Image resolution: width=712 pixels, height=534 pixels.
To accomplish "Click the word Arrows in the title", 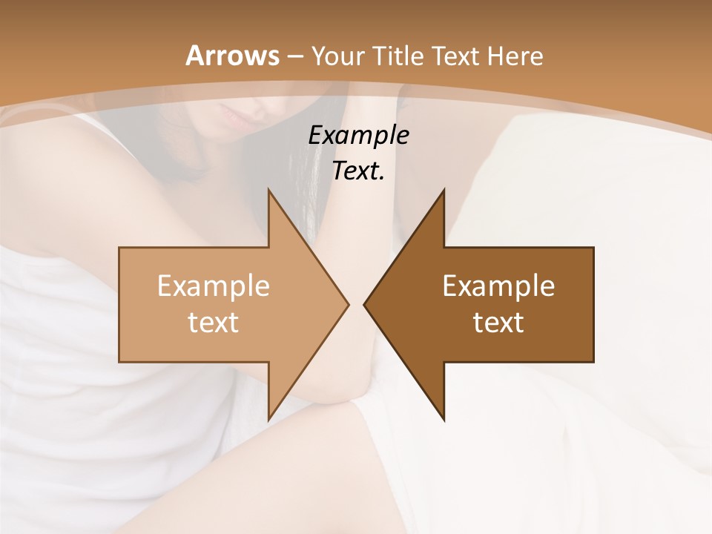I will (232, 56).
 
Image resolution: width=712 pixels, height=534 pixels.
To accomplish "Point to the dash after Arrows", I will (294, 56).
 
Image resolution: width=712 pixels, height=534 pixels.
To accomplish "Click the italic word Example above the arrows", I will (358, 135).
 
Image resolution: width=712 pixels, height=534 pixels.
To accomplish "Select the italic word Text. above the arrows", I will (358, 171).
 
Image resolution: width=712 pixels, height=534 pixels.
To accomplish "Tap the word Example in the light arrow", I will (214, 286).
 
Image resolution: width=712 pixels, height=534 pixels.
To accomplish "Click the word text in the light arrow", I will (214, 322).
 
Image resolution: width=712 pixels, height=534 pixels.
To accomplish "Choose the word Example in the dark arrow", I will (498, 286).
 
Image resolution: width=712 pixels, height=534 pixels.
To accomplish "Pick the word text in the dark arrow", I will (498, 322).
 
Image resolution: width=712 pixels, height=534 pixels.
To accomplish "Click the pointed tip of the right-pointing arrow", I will (348, 304).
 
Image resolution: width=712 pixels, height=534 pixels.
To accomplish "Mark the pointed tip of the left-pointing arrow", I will (364, 304).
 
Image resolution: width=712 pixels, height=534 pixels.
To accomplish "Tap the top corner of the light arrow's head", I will (268, 190).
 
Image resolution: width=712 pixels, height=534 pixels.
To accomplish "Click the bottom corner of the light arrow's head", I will (268, 420).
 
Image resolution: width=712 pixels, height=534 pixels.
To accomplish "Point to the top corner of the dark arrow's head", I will (444, 190).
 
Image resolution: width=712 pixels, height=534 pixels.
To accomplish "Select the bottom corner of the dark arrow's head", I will (444, 420).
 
